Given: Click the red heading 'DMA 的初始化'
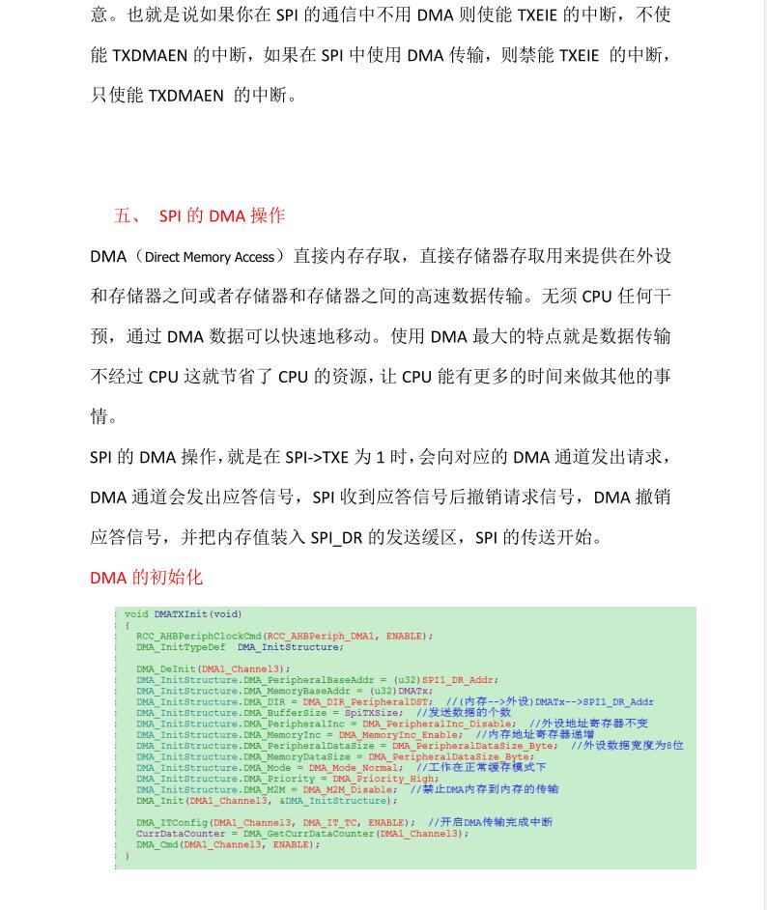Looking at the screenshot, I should [x=146, y=578].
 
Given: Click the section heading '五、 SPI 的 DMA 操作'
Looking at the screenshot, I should [x=199, y=215].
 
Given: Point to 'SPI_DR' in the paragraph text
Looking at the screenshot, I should [x=336, y=537].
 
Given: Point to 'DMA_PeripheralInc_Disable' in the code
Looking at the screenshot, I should [x=437, y=724].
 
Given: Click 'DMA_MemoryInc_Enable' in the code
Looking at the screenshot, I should [x=399, y=735].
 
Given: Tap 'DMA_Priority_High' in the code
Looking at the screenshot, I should [x=384, y=779].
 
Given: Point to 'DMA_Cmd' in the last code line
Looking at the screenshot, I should [x=156, y=844].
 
